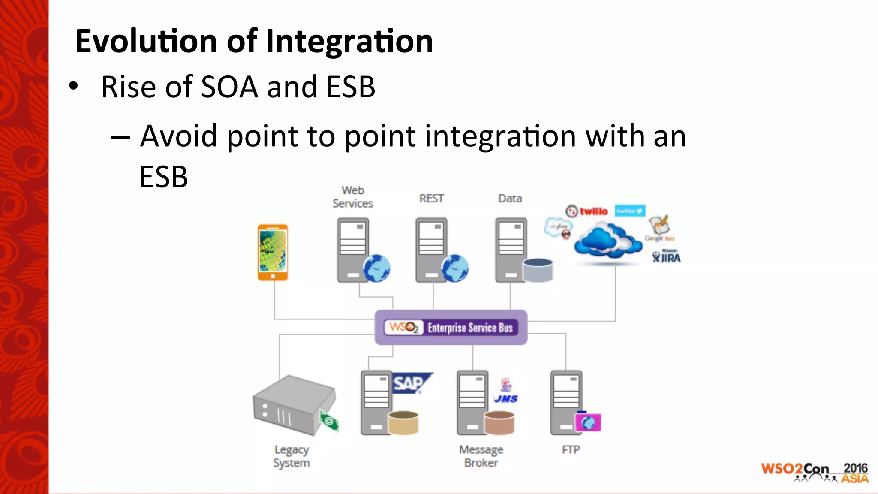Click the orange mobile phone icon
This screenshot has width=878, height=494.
273,253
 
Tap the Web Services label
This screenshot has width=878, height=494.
352,197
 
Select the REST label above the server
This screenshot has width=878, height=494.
431,199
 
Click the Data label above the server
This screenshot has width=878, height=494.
510,199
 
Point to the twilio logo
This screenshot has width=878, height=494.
587,211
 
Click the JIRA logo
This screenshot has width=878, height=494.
666,257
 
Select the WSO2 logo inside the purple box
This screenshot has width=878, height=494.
403,328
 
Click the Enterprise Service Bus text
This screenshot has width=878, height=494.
470,328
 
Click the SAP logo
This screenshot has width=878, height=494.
410,383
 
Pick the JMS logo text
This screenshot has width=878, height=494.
506,398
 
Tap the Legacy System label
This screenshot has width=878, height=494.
292,456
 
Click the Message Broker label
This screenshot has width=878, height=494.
481,456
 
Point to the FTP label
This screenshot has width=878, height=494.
571,450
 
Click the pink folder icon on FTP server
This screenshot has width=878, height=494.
588,422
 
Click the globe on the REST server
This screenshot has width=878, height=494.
455,268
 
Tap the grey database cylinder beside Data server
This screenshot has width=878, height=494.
538,270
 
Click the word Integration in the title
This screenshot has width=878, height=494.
349,42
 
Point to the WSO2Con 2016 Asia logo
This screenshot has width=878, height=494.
814,473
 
